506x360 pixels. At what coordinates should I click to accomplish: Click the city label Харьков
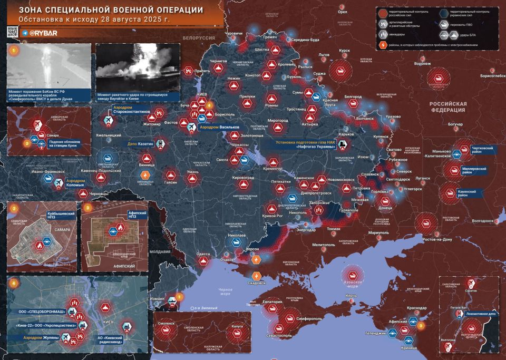346,134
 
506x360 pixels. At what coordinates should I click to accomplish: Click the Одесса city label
203,254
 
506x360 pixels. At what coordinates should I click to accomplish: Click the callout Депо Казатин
140,143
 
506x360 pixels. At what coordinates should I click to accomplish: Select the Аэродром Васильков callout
219,128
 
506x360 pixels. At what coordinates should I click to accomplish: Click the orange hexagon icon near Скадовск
257,276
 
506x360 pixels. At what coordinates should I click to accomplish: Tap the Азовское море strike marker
353,274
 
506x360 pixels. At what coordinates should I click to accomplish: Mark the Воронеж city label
423,64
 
